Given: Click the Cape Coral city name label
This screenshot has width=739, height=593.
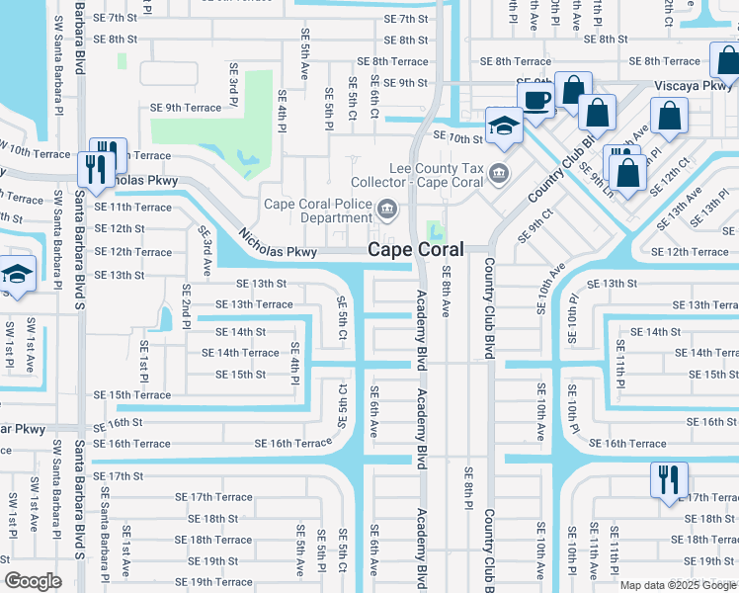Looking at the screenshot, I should (416, 250).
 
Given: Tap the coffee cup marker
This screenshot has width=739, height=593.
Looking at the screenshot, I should (536, 100).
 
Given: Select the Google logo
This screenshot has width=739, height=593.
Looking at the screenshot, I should (33, 581).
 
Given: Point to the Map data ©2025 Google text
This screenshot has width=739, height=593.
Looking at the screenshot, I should (678, 585).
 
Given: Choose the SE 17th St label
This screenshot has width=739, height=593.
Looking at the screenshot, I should (119, 476).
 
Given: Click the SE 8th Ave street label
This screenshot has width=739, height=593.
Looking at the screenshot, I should (447, 292).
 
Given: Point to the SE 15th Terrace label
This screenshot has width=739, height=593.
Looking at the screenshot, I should (132, 395).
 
